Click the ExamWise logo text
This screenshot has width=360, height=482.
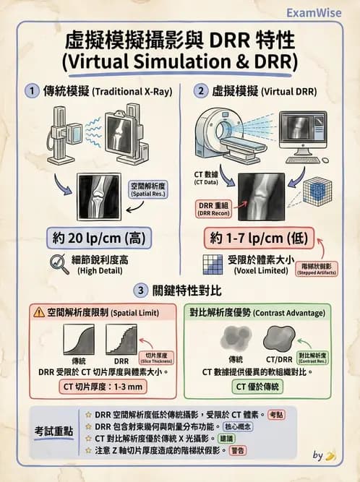[x=313, y=12]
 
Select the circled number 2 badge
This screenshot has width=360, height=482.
[x=200, y=91]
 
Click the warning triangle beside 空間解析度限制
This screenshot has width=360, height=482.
[x=38, y=313]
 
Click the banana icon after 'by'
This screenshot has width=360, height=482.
[x=330, y=455]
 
